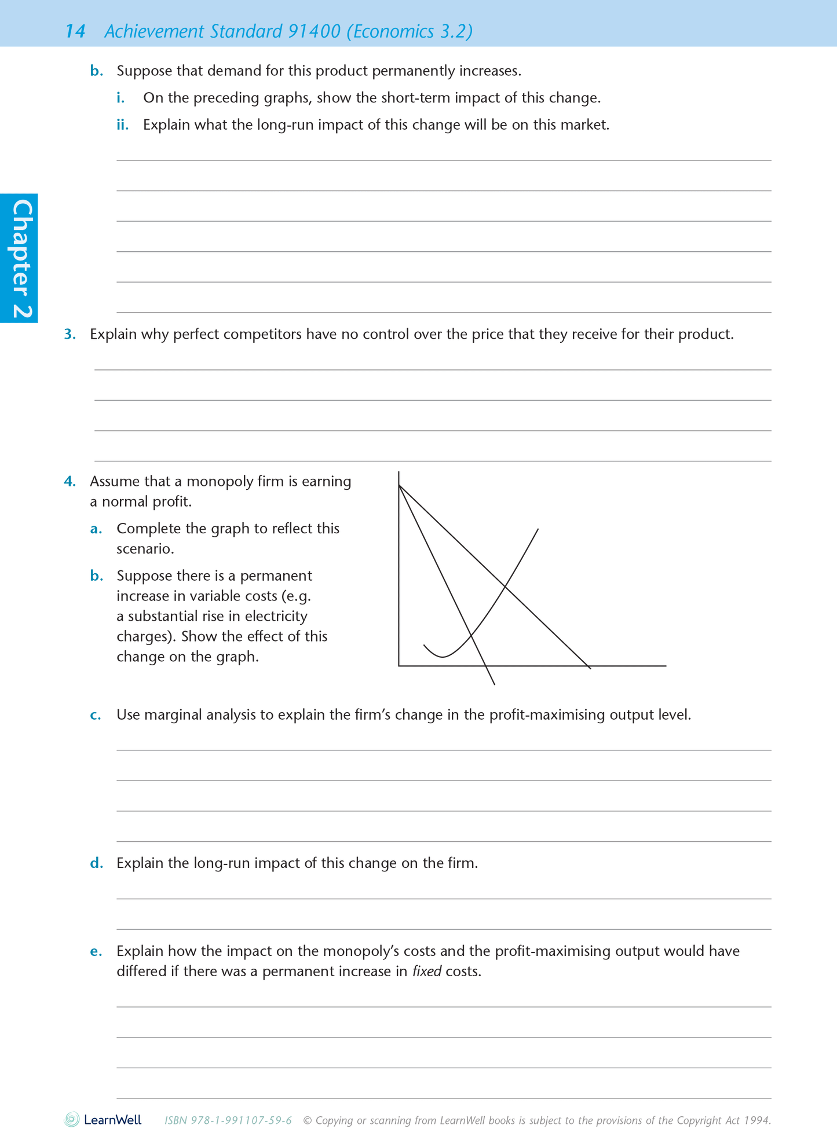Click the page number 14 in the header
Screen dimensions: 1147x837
click(x=75, y=31)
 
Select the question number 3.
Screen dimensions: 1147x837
click(x=70, y=334)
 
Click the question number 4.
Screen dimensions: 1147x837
click(x=70, y=481)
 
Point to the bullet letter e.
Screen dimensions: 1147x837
click(x=96, y=951)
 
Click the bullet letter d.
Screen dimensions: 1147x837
click(x=96, y=863)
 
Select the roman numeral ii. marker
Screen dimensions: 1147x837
click(x=122, y=125)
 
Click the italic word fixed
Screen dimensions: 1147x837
click(x=426, y=972)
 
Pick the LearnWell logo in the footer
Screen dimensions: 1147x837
click(x=103, y=1120)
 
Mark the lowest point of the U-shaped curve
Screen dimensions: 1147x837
click(x=443, y=657)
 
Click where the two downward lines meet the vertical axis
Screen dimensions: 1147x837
click(x=399, y=485)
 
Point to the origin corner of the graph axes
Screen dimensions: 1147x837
click(x=399, y=666)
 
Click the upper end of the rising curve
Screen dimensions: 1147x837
click(x=538, y=529)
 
